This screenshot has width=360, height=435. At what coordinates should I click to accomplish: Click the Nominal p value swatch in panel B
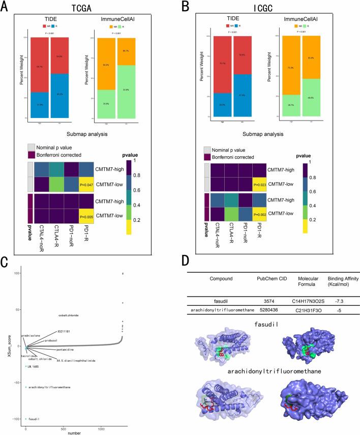click(207, 150)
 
